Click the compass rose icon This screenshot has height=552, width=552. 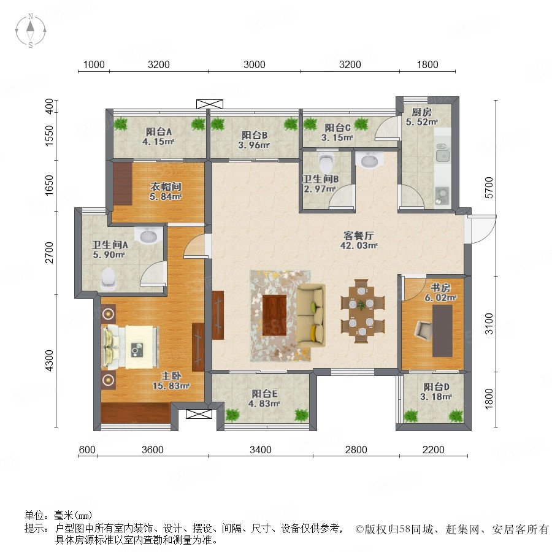click(31, 31)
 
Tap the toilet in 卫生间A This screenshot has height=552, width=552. click(108, 278)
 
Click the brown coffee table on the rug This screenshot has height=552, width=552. click(275, 315)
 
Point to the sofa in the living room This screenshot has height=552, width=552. click(310, 315)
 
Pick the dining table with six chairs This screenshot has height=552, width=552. click(362, 311)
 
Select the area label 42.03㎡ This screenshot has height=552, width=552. click(359, 246)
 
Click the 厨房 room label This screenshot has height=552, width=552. click(421, 112)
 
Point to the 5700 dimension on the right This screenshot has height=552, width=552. click(489, 188)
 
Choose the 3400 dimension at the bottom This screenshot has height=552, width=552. click(261, 450)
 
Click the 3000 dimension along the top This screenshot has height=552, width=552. click(255, 64)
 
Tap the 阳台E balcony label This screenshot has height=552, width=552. click(264, 394)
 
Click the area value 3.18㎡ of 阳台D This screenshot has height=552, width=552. click(436, 397)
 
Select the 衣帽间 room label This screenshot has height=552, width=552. click(166, 186)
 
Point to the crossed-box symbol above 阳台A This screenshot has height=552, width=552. click(210, 104)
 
